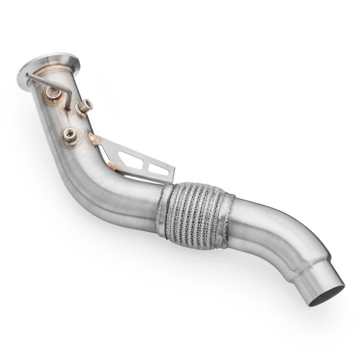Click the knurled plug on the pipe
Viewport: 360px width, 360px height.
coord(84,106)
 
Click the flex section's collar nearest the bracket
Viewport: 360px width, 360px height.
coord(163,211)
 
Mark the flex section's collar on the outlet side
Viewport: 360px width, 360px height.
coord(228,215)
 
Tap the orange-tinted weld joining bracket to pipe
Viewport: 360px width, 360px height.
coord(95,141)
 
